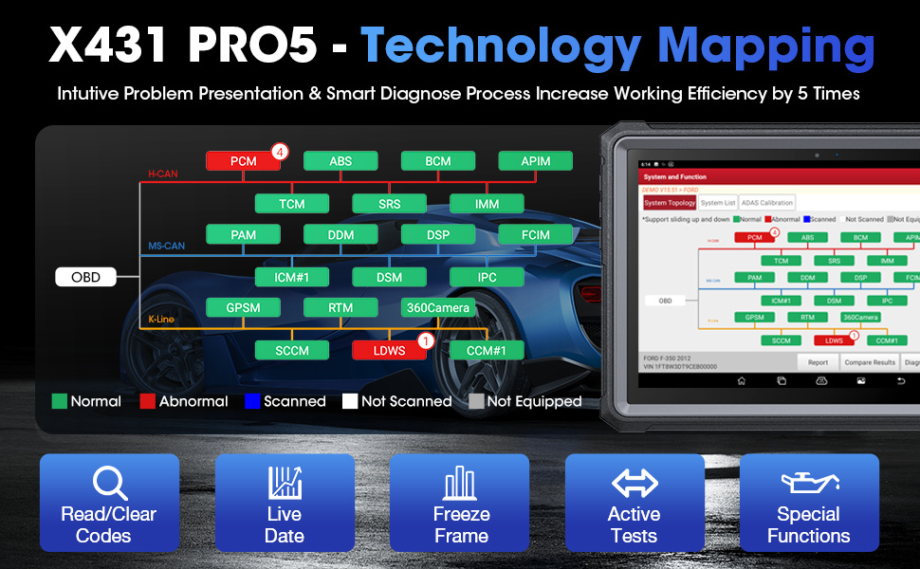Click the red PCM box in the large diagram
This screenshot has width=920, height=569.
pos(243,161)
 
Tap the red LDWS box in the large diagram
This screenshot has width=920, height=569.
pos(389,351)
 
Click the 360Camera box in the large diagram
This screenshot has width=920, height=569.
pos(437,307)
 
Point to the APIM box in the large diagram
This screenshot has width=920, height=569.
pos(535,161)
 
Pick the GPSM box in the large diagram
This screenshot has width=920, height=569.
pos(243,307)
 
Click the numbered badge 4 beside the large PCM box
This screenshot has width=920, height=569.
pos(279,151)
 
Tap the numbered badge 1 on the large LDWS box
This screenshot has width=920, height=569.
pos(426,340)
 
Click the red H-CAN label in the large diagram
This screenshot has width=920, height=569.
pos(162,174)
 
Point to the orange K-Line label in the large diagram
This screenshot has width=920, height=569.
pos(161,320)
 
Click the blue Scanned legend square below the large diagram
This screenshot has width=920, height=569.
pos(252,401)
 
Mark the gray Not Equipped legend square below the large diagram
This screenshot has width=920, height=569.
pos(476,401)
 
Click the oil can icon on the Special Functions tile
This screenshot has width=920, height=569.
pos(808,483)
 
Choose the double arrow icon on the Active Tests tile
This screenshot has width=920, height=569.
pos(635,483)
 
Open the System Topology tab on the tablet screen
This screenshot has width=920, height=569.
pos(670,203)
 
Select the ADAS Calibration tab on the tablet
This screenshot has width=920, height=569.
pos(767,203)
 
